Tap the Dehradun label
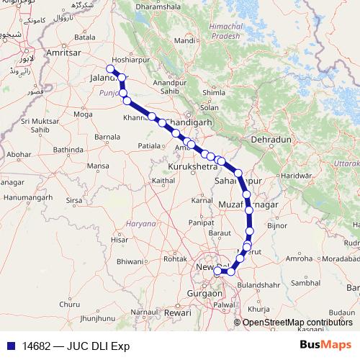pos(270,138)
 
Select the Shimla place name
pos(215,92)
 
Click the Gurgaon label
pos(204,294)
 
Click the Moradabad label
pos(341,258)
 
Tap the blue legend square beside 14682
pos(9,345)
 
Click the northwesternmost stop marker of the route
pos(110,69)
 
